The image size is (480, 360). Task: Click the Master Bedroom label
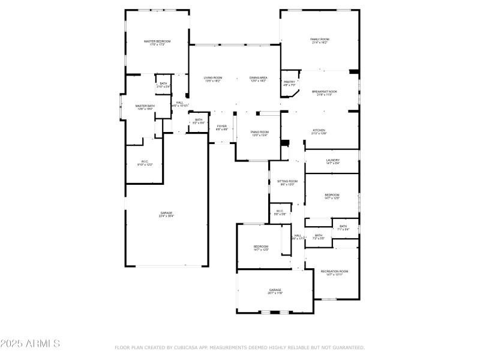click(157, 41)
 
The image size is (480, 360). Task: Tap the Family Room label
click(319, 40)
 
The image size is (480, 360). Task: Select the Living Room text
click(212, 78)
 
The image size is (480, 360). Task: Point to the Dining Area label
click(259, 78)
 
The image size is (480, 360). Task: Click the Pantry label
click(289, 82)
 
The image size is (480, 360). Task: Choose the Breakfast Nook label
click(325, 92)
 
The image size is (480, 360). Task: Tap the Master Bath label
click(145, 106)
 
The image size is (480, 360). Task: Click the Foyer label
click(221, 126)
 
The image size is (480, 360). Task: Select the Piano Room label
click(259, 132)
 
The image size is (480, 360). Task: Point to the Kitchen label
click(319, 130)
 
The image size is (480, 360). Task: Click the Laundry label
click(332, 160)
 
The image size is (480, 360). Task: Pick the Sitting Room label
click(287, 181)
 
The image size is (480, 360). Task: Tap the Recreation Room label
click(334, 271)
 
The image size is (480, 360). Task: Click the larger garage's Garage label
click(166, 213)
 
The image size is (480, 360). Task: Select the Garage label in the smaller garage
click(275, 290)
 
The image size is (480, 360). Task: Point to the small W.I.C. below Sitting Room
click(280, 211)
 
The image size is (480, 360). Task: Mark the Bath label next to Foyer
click(198, 119)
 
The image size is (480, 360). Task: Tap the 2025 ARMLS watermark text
click(30, 344)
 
